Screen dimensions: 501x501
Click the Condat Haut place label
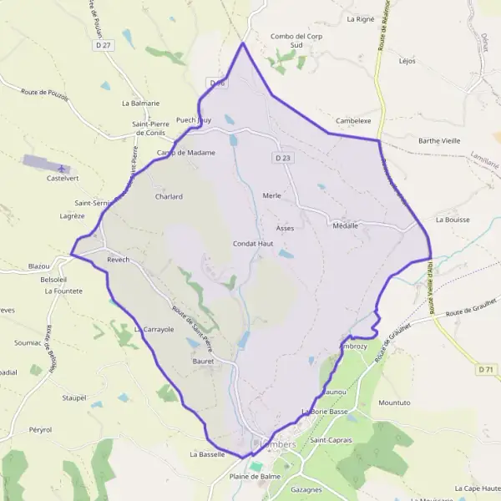tap(253, 244)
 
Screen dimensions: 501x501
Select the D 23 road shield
tap(281, 157)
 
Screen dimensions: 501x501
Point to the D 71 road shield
tap(487, 368)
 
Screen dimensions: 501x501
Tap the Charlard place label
tap(168, 197)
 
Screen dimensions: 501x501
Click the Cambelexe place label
tap(352, 121)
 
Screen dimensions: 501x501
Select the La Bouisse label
tap(453, 220)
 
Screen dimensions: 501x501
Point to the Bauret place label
tap(203, 362)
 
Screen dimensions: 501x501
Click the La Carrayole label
tap(154, 330)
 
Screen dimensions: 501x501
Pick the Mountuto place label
tap(394, 402)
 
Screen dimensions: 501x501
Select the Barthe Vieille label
tap(439, 141)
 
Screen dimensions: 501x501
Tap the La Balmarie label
tap(140, 104)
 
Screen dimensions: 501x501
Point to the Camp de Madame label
tap(186, 153)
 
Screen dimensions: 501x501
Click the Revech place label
tap(119, 260)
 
